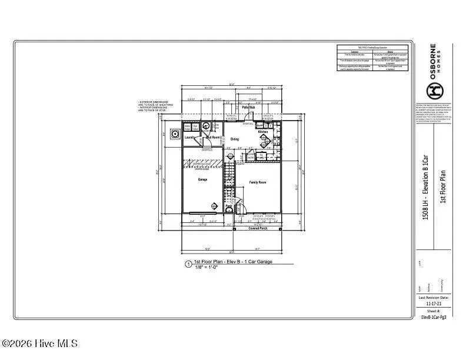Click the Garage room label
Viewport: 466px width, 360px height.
pos(202,180)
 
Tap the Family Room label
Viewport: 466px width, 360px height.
pos(258,183)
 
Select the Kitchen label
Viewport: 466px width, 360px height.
pos(263,132)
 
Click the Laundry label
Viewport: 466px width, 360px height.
pos(190,138)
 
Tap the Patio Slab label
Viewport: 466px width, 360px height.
pos(248,108)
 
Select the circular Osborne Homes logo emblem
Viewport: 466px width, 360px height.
pos(434,90)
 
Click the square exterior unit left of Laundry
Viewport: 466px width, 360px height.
pos(175,134)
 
